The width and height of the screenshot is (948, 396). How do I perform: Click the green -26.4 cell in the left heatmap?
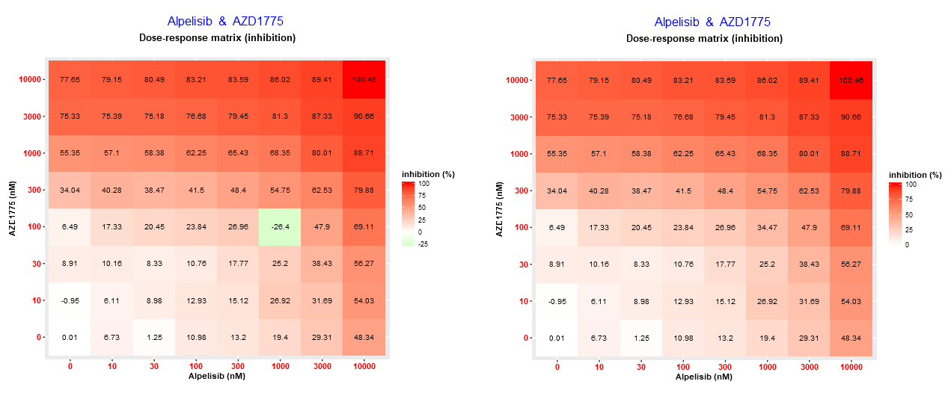(280, 227)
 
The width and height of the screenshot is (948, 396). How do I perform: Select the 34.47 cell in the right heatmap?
(766, 227)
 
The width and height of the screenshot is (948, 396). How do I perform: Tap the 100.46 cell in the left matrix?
(364, 80)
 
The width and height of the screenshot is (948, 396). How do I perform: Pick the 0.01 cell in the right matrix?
(557, 338)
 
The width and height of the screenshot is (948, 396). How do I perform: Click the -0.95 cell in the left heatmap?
(70, 301)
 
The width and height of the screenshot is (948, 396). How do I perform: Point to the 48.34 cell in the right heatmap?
(850, 338)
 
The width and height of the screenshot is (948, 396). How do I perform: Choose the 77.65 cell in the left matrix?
(70, 80)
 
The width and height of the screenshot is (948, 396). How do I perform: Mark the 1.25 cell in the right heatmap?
(640, 338)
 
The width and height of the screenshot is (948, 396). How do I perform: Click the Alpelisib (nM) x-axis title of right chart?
(703, 377)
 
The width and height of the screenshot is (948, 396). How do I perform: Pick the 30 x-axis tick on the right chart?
(640, 367)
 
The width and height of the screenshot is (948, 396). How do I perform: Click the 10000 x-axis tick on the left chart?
(364, 367)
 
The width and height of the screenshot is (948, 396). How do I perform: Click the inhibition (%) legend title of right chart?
(915, 175)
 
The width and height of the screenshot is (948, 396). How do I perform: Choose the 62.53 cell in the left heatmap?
(322, 191)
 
